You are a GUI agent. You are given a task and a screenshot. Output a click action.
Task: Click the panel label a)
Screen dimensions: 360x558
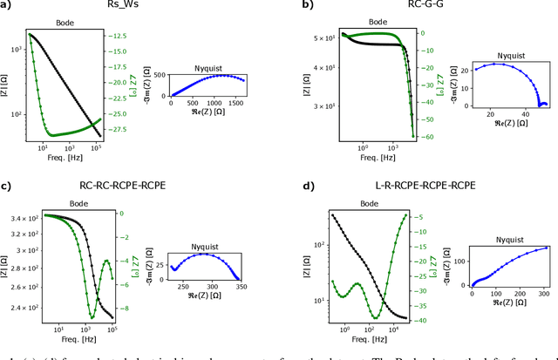[x=8, y=6]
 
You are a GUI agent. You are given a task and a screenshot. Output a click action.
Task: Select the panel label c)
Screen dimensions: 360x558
[x=8, y=186]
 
